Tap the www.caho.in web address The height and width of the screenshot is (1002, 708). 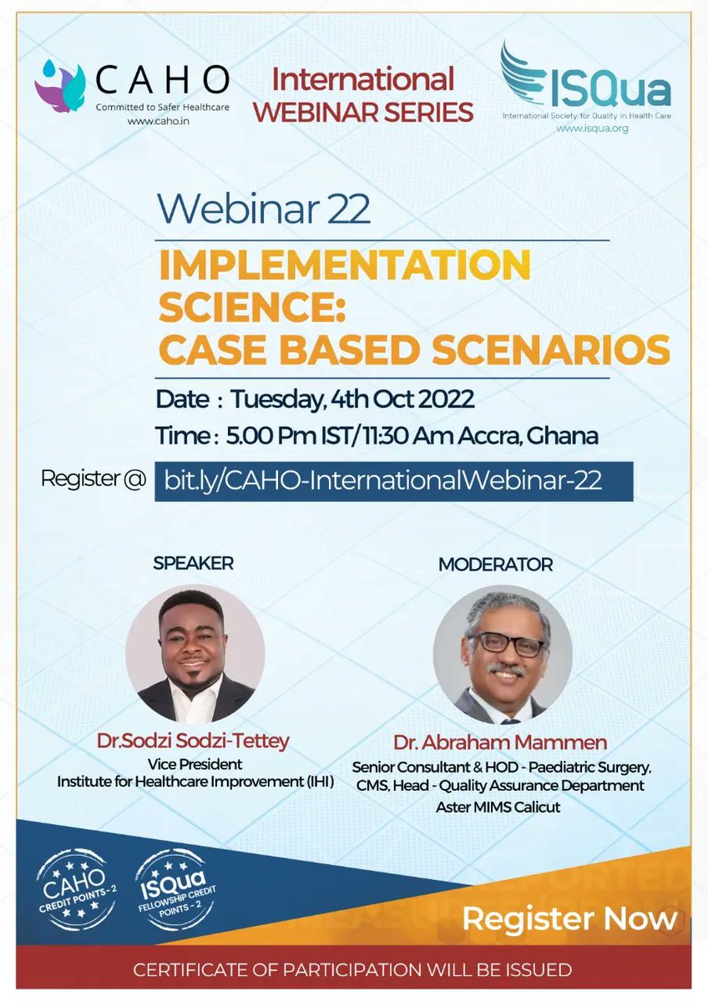click(156, 120)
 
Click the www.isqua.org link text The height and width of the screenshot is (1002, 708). click(592, 129)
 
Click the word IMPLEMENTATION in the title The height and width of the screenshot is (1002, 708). click(344, 266)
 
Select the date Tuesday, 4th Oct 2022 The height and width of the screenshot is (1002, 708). click(352, 399)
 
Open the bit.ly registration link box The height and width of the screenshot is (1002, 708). click(393, 480)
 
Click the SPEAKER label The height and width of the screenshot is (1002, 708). click(193, 563)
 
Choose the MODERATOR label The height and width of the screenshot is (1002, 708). click(495, 564)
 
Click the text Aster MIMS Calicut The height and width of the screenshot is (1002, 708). click(498, 807)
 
